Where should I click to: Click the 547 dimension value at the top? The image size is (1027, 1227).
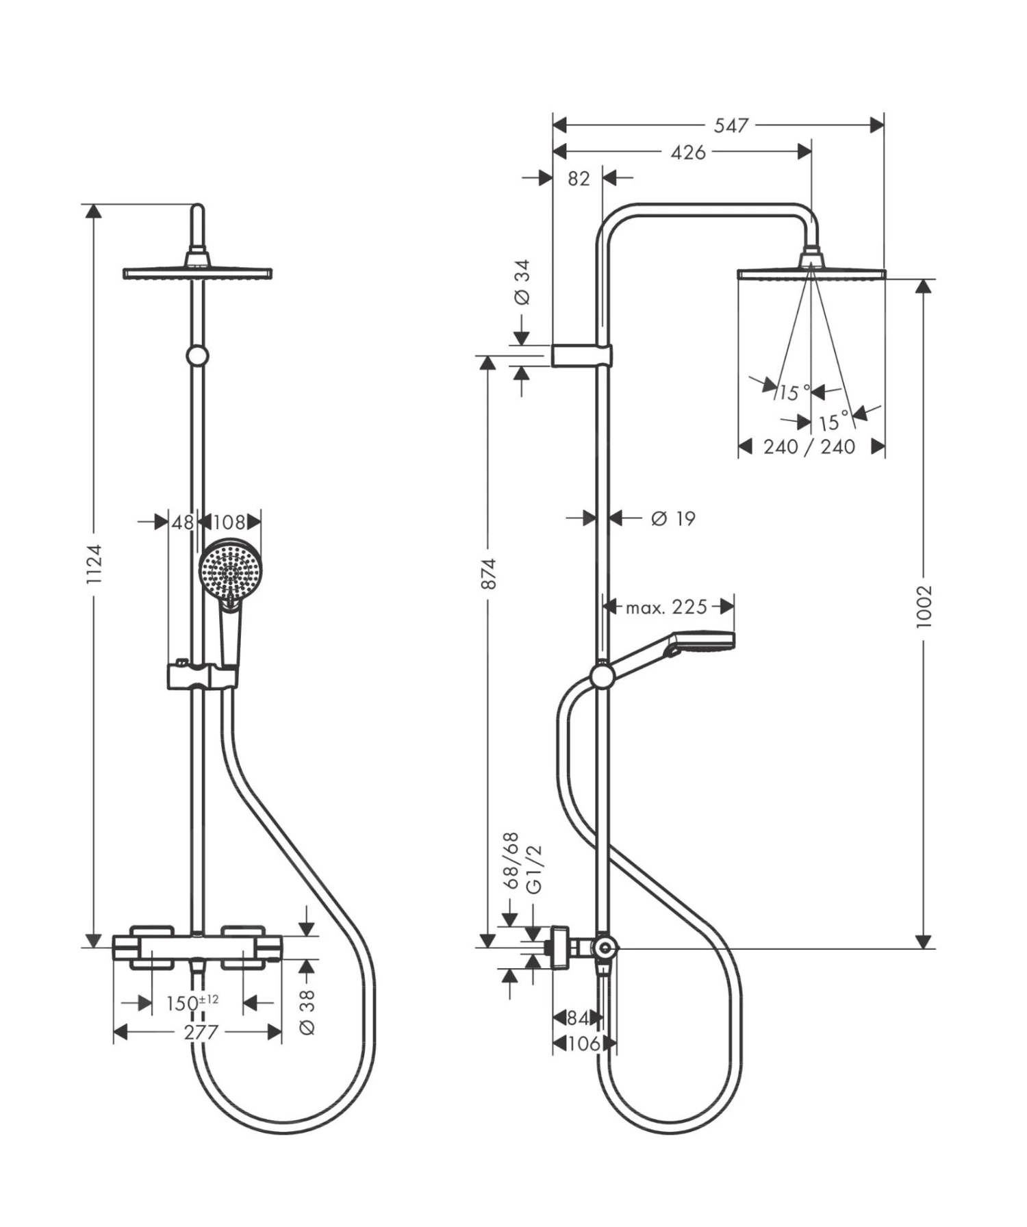pyautogui.click(x=731, y=125)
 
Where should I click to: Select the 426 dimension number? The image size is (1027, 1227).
pyautogui.click(x=687, y=152)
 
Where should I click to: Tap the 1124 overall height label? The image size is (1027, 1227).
pyautogui.click(x=94, y=564)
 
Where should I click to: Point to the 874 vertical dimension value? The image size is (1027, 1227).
pyautogui.click(x=487, y=574)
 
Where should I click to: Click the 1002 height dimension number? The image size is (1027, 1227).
pyautogui.click(x=924, y=607)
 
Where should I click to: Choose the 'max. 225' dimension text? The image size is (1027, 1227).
pyautogui.click(x=666, y=607)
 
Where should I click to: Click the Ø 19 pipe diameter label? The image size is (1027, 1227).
pyautogui.click(x=672, y=518)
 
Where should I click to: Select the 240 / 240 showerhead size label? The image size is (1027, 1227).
pyautogui.click(x=809, y=447)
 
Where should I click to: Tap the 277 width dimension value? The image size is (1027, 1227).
pyautogui.click(x=201, y=1032)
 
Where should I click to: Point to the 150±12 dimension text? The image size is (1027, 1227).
pyautogui.click(x=192, y=1003)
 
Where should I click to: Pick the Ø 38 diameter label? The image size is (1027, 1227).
pyautogui.click(x=307, y=1011)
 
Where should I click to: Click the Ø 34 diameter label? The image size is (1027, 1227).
pyautogui.click(x=522, y=281)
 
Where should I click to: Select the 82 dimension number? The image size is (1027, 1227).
pyautogui.click(x=579, y=178)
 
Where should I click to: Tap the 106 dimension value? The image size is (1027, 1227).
pyautogui.click(x=583, y=1043)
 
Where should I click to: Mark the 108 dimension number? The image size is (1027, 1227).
pyautogui.click(x=228, y=522)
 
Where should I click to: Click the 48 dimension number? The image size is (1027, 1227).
pyautogui.click(x=182, y=522)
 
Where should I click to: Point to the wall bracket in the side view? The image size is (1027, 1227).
pyautogui.click(x=581, y=355)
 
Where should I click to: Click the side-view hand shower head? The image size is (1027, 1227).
pyautogui.click(x=702, y=642)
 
